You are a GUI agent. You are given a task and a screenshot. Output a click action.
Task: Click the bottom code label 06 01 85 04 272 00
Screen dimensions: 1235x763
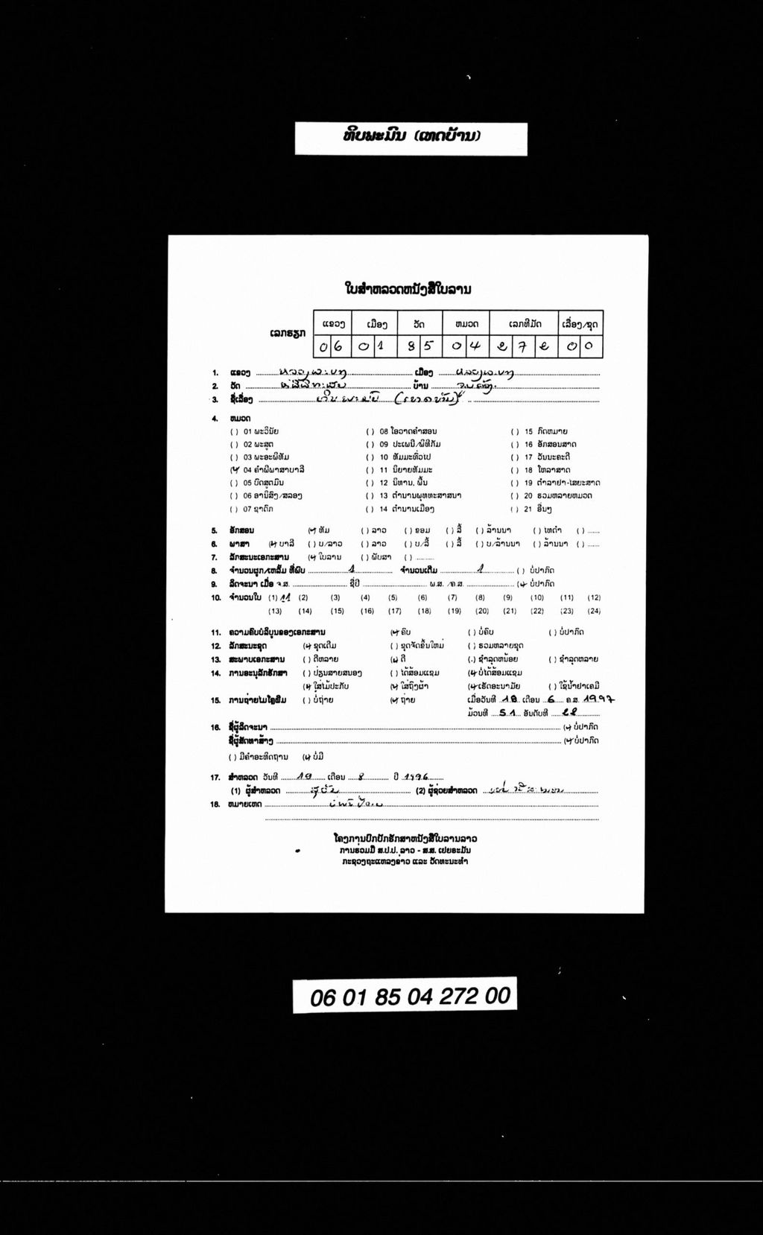pos(411,996)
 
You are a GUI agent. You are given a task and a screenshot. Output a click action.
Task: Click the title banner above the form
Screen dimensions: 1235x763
pos(411,138)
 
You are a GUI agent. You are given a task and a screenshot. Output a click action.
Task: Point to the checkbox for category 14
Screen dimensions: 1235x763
pos(369,509)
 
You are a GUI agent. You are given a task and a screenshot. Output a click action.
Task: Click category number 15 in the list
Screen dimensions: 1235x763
pos(528,431)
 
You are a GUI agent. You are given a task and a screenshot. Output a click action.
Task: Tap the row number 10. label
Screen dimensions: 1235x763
pos(215,597)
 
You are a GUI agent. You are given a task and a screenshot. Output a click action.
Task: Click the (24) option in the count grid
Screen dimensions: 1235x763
pos(594,611)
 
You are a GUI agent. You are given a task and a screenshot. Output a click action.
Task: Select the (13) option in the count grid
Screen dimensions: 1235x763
pos(275,611)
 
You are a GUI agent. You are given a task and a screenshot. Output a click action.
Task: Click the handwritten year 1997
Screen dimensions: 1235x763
pos(599,699)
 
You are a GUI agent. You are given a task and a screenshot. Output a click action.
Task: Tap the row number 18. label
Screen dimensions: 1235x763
pos(215,804)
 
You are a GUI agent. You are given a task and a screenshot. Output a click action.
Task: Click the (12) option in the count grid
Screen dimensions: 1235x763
pos(594,597)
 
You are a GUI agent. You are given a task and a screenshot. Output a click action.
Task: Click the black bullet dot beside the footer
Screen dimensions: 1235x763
pos(298,850)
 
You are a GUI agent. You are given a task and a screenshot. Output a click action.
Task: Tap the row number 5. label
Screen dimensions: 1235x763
pos(214,530)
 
